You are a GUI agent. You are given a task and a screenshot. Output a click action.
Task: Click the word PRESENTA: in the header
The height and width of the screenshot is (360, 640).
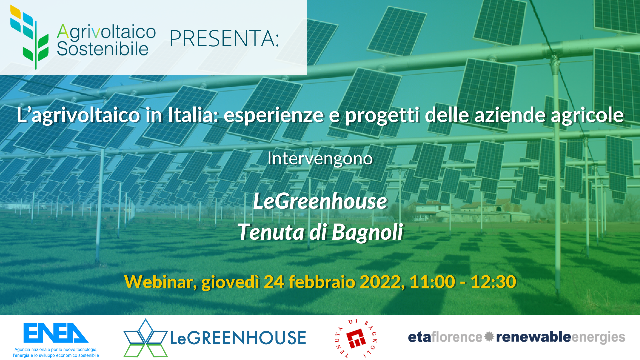(x=224, y=39)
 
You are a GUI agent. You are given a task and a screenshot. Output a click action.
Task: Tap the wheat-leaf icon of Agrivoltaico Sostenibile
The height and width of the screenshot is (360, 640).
(x=30, y=37)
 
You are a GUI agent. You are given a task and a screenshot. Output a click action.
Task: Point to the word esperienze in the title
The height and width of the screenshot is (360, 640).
(x=274, y=115)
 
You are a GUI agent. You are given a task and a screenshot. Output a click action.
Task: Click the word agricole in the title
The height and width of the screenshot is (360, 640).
(x=587, y=115)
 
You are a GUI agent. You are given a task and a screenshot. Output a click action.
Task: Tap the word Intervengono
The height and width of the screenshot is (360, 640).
(x=320, y=158)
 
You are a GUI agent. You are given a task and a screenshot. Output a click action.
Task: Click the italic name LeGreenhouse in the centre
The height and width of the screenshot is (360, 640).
(x=320, y=201)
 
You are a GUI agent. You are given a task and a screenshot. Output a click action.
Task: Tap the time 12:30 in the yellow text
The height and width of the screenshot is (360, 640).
(x=493, y=282)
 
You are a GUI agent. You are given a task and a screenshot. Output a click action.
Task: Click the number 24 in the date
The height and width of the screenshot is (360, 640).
(x=274, y=282)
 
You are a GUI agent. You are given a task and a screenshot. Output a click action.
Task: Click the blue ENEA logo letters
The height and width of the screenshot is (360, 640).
(x=56, y=333)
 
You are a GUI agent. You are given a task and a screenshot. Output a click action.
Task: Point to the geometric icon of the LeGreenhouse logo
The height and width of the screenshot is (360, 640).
(x=145, y=338)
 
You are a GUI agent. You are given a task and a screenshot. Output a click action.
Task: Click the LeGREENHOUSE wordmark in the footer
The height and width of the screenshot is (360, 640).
(x=238, y=338)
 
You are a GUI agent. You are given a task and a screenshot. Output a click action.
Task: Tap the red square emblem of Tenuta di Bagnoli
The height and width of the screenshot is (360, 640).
(x=356, y=338)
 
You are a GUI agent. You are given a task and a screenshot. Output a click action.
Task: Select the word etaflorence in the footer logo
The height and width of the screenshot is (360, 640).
(x=445, y=337)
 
